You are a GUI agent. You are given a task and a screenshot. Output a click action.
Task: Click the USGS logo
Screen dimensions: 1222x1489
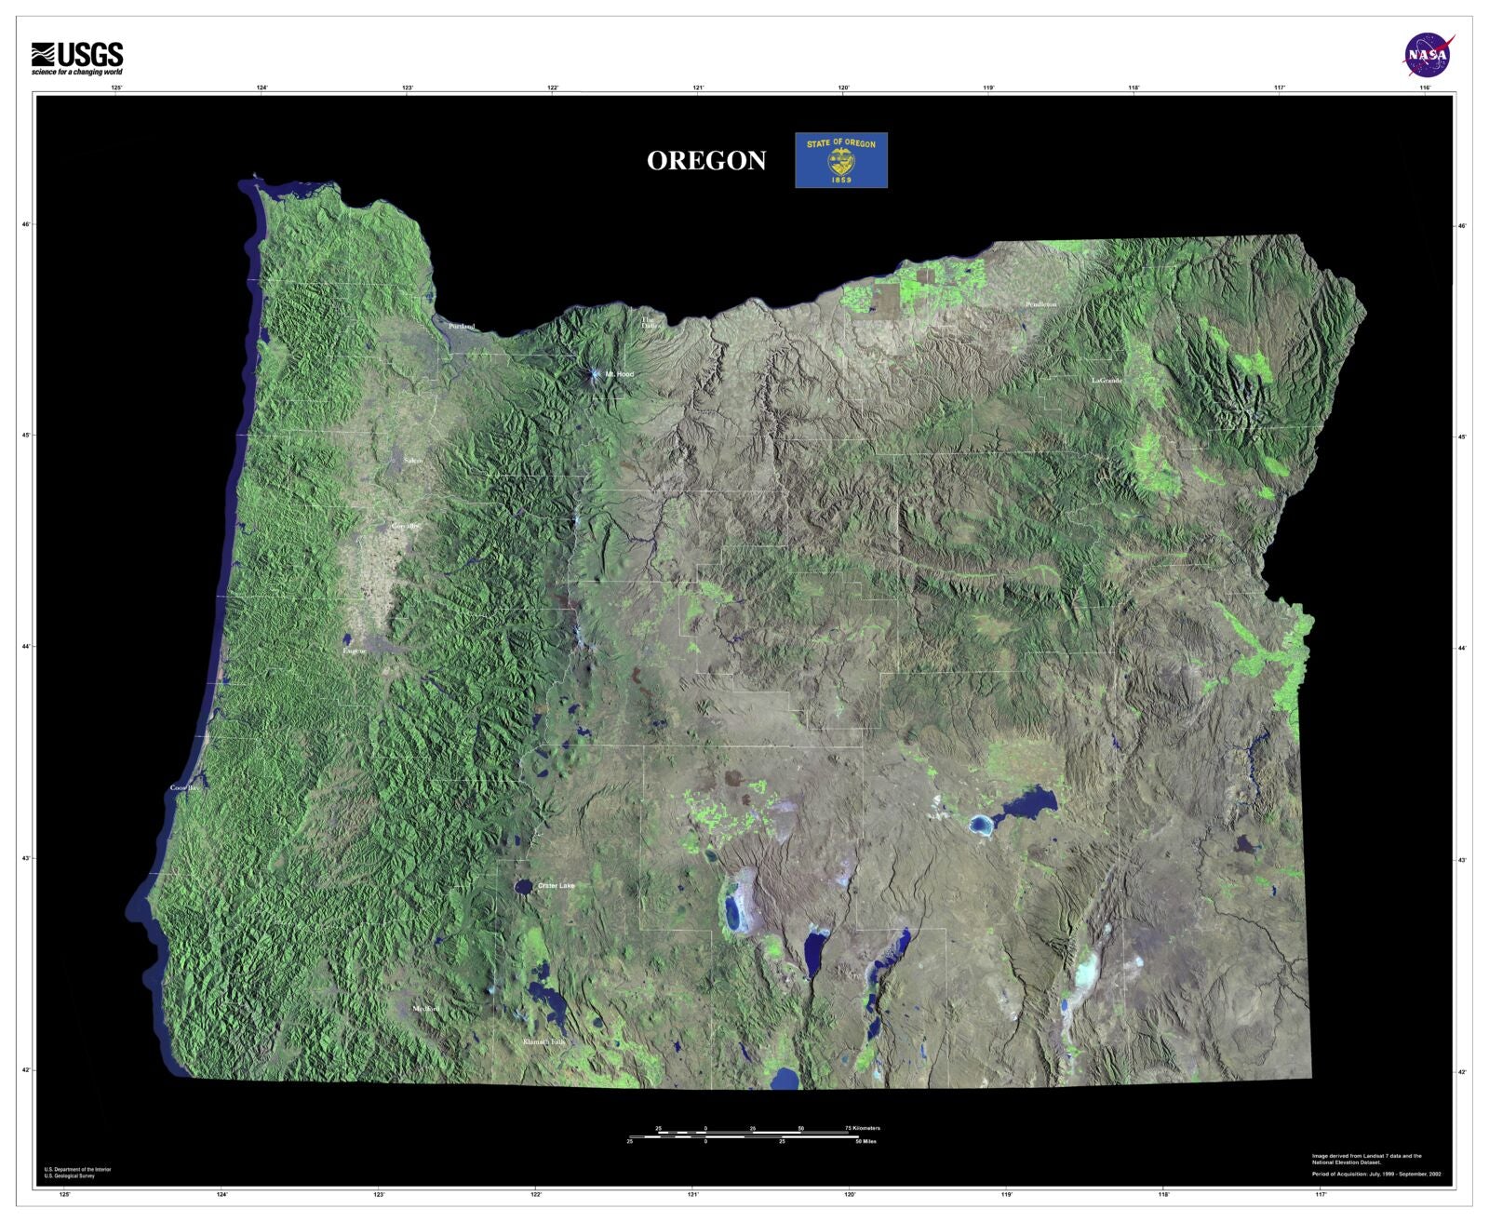pyautogui.click(x=77, y=59)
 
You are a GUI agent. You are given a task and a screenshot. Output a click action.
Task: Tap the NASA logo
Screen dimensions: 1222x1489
pyautogui.click(x=1429, y=55)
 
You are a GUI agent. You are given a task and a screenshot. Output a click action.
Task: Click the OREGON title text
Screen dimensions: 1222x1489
pyautogui.click(x=706, y=161)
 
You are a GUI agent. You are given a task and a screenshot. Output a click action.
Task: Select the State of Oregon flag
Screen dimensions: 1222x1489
pyautogui.click(x=840, y=160)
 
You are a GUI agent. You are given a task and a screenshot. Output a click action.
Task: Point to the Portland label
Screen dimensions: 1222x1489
pyautogui.click(x=462, y=327)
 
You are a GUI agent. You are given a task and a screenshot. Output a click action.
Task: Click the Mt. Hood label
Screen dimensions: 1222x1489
pyautogui.click(x=619, y=374)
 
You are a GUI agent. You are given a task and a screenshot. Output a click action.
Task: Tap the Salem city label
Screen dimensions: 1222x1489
pyautogui.click(x=413, y=461)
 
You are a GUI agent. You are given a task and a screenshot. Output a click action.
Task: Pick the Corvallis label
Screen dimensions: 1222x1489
pyautogui.click(x=406, y=527)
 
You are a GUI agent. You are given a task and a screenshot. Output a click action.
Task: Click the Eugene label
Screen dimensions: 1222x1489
pyautogui.click(x=355, y=651)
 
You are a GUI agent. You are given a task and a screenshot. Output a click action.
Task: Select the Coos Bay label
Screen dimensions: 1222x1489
pyautogui.click(x=185, y=788)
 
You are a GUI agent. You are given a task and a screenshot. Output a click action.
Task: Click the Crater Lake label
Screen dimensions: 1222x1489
pyautogui.click(x=556, y=886)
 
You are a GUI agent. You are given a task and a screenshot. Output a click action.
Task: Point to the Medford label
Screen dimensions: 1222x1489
pyautogui.click(x=425, y=1009)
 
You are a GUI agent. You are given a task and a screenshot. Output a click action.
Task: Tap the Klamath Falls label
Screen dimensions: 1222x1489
pyautogui.click(x=544, y=1042)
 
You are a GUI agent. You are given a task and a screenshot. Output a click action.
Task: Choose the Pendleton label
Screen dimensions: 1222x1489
pyautogui.click(x=1041, y=304)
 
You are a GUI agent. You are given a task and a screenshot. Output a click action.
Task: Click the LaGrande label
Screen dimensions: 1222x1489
pyautogui.click(x=1107, y=381)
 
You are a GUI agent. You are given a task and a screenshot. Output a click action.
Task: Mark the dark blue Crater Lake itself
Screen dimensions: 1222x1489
pyautogui.click(x=524, y=887)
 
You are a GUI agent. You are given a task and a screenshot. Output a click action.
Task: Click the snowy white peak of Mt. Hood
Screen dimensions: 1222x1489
pyautogui.click(x=594, y=375)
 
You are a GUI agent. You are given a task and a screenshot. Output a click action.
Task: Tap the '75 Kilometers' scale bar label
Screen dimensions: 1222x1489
pyautogui.click(x=863, y=1128)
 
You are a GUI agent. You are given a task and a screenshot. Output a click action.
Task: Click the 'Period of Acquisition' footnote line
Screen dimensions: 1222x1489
pyautogui.click(x=1376, y=1175)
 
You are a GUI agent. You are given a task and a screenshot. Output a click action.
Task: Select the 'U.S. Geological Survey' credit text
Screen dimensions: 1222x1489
pyautogui.click(x=70, y=1176)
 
